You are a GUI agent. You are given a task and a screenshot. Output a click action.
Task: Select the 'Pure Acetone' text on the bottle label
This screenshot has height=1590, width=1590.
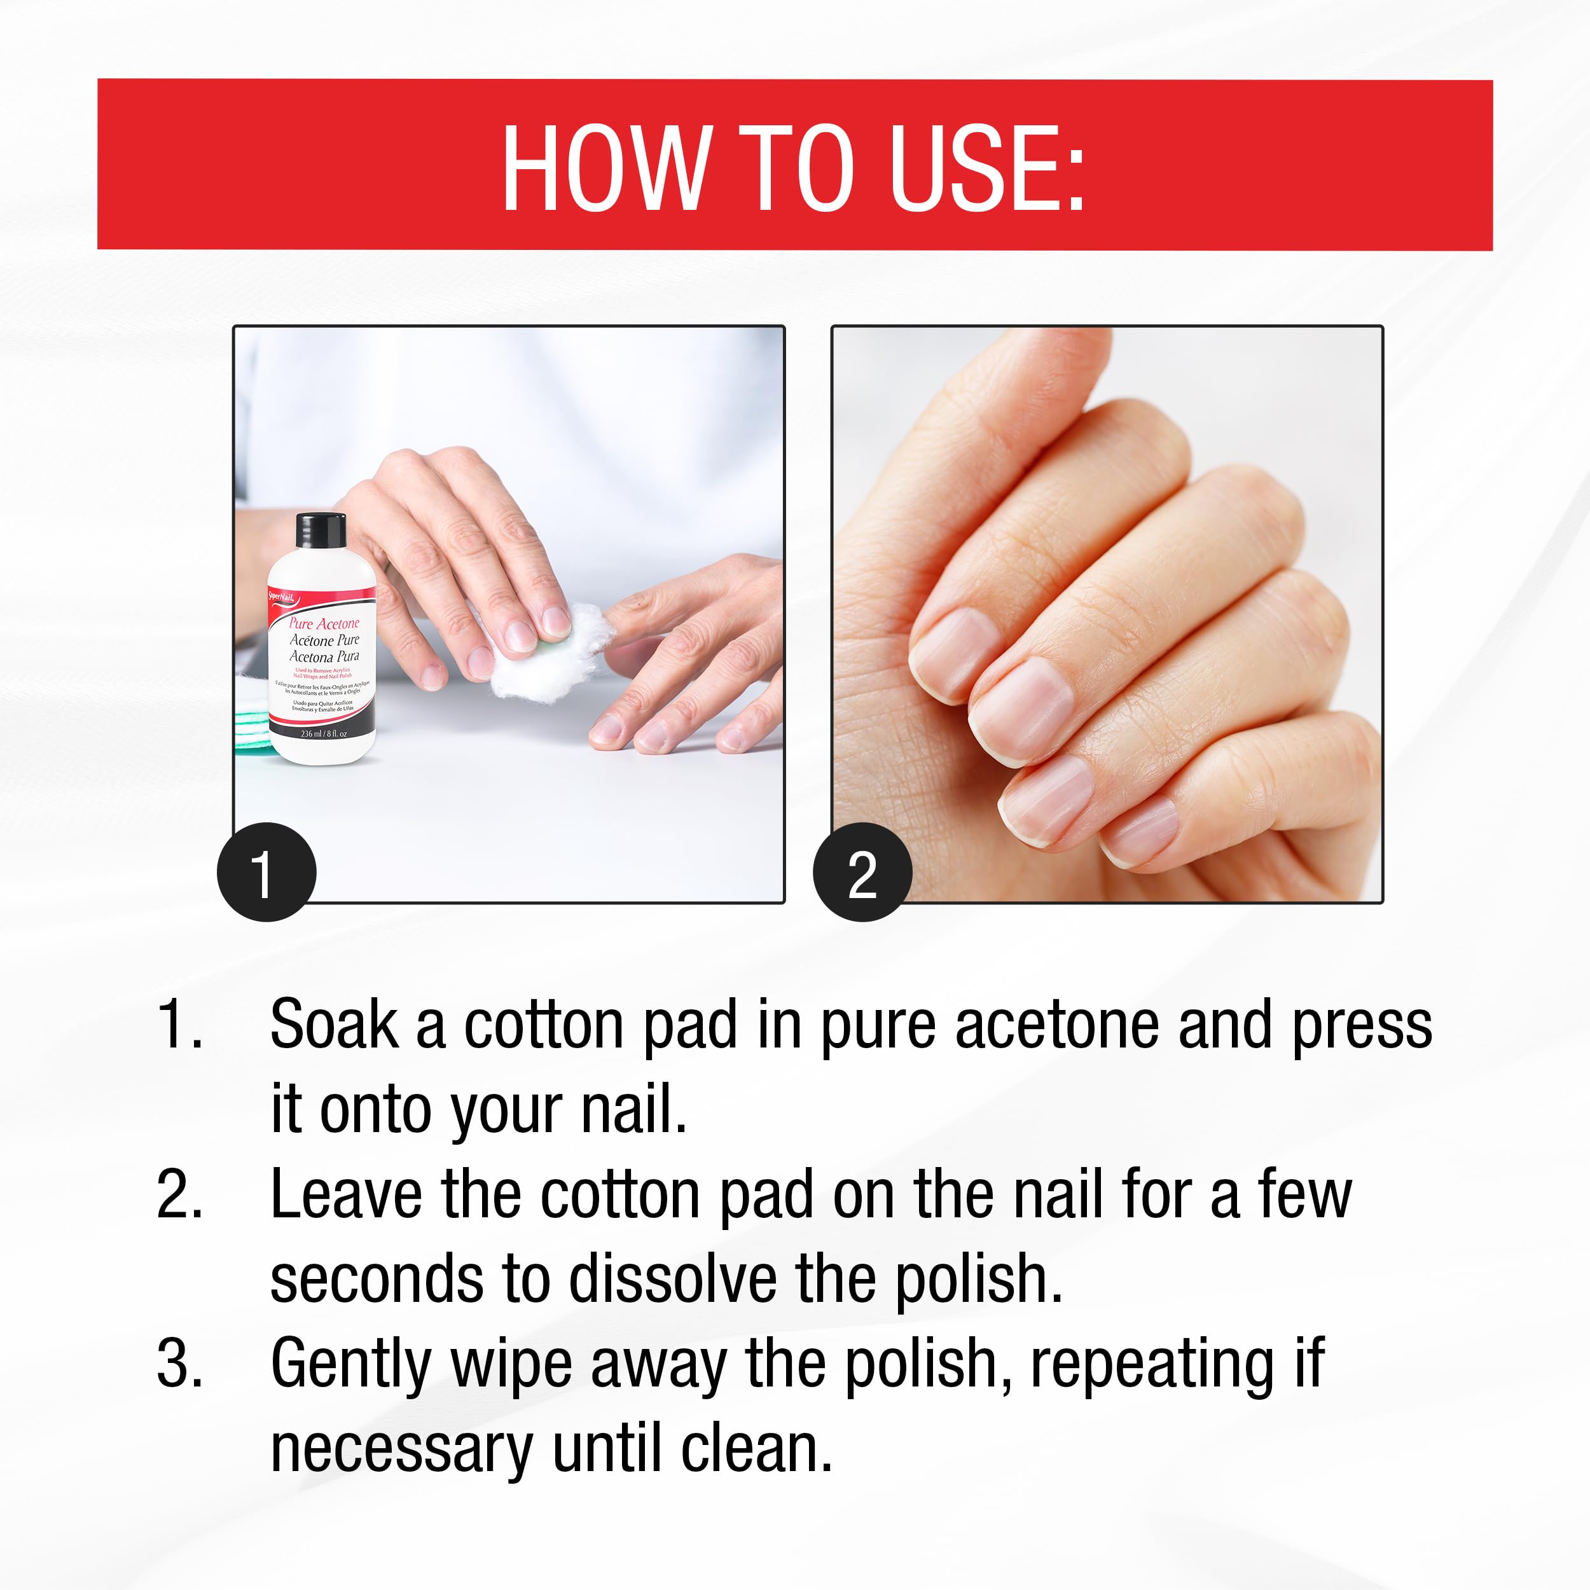[x=324, y=623]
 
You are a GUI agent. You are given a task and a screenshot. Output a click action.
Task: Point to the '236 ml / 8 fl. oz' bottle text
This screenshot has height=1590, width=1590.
[x=324, y=733]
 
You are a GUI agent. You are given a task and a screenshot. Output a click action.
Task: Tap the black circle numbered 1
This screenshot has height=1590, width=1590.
[x=266, y=873]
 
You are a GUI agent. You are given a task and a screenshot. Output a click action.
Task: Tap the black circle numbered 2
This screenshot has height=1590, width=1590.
[x=862, y=873]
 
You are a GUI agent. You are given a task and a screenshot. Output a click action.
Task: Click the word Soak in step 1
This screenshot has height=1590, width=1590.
[x=333, y=1025]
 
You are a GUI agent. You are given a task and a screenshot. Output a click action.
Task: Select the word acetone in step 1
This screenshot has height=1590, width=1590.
[x=1056, y=1025]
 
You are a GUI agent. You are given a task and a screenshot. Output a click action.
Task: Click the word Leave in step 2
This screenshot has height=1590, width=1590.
[x=345, y=1195]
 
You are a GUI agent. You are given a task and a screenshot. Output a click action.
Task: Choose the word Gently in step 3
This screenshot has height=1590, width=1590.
[x=350, y=1364]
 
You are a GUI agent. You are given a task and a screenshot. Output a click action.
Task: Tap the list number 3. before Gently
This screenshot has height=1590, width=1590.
[x=179, y=1364]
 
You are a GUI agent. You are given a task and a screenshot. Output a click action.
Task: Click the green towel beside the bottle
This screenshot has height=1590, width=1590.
[x=252, y=724]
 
